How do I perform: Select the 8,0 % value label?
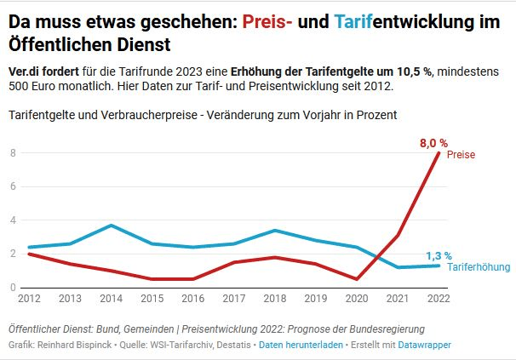coord(433,143)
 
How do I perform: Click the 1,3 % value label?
coord(438,255)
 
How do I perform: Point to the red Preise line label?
coord(460,155)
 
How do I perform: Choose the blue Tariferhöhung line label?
coord(478,267)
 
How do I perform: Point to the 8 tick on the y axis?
coord(13,153)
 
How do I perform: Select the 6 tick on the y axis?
coord(13,186)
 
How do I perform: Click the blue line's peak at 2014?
coord(111,226)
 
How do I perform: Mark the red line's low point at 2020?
coord(357,279)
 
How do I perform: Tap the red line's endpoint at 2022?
coord(439,153)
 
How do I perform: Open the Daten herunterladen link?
coord(301,345)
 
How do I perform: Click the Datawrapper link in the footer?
coord(422,345)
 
